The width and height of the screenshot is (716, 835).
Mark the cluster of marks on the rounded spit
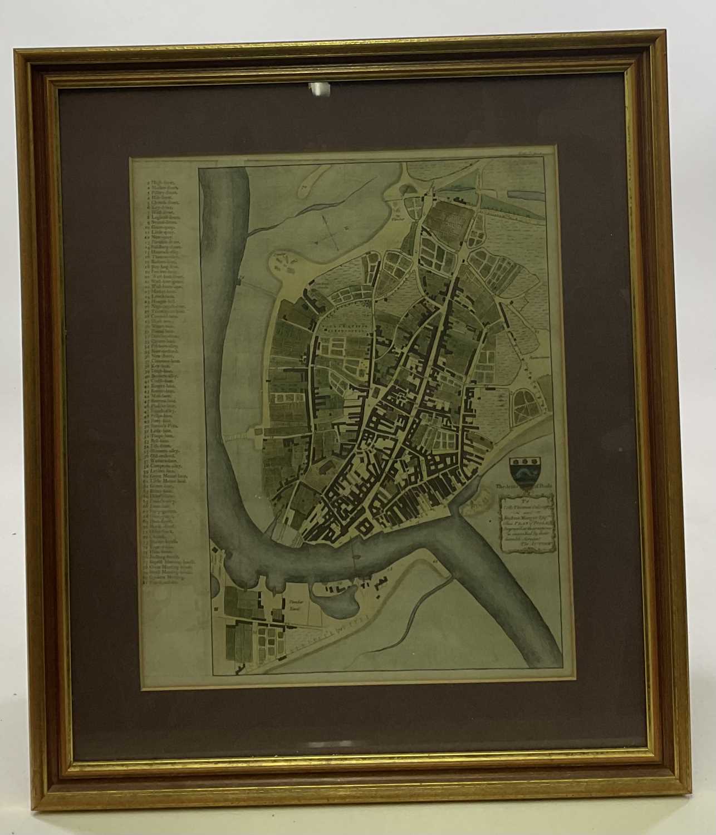[285, 262]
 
